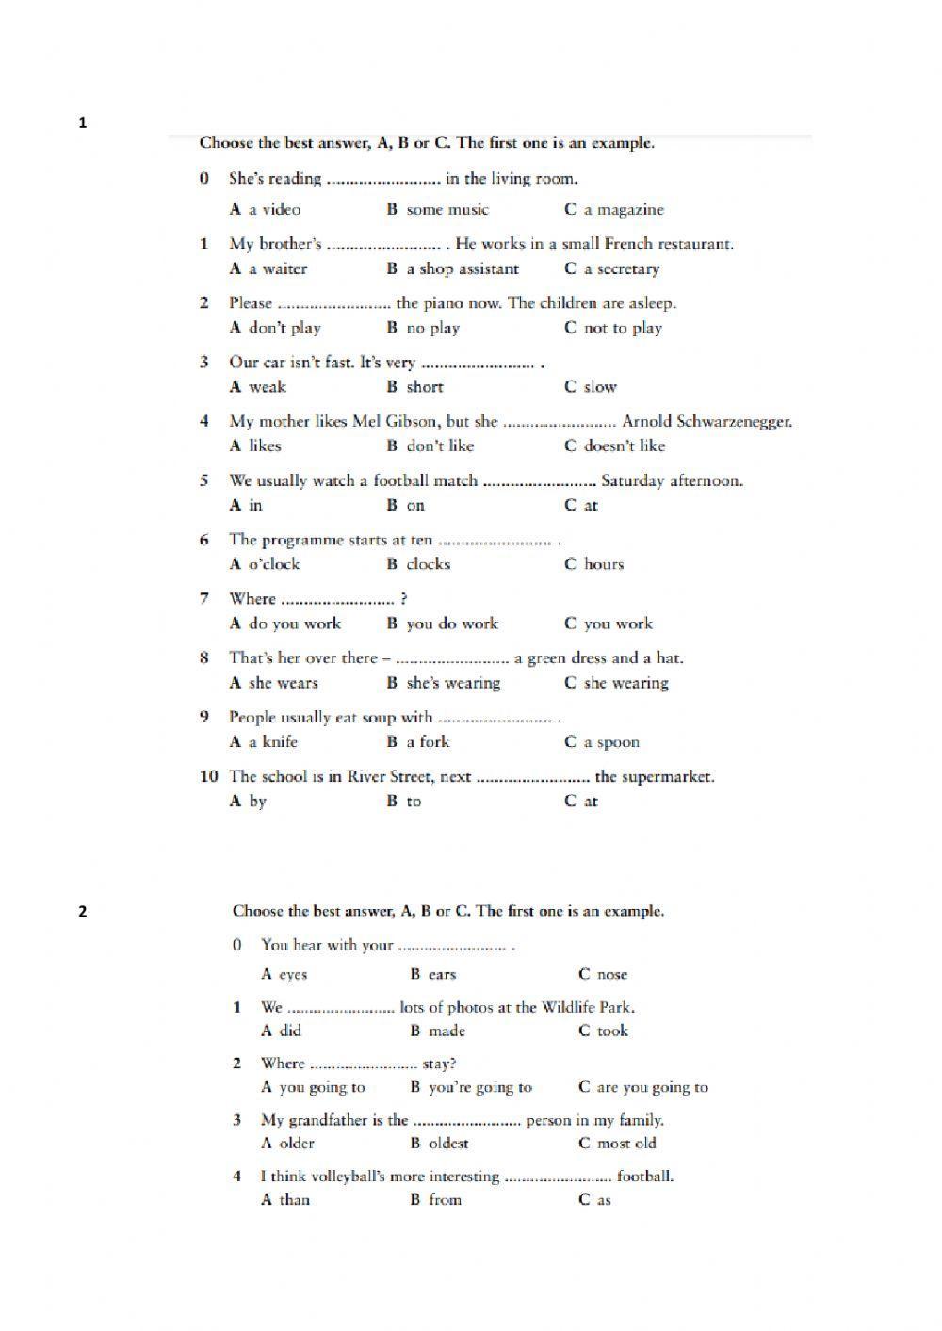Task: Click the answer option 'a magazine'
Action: coord(623,210)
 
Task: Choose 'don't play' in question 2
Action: coord(284,329)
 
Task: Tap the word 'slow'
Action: coord(600,387)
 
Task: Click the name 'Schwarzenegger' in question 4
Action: coord(734,422)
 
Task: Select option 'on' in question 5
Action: coord(415,506)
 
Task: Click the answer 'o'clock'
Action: coord(273,564)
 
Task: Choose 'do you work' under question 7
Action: coord(294,624)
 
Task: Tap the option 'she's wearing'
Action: coord(453,683)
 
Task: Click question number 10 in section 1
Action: coord(208,776)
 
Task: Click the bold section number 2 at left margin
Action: coord(83,911)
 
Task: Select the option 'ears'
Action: coord(442,975)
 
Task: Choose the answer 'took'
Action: coord(612,1031)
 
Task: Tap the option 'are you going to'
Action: coord(652,1087)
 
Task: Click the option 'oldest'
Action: coord(448,1144)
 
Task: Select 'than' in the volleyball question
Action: coord(294,1200)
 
